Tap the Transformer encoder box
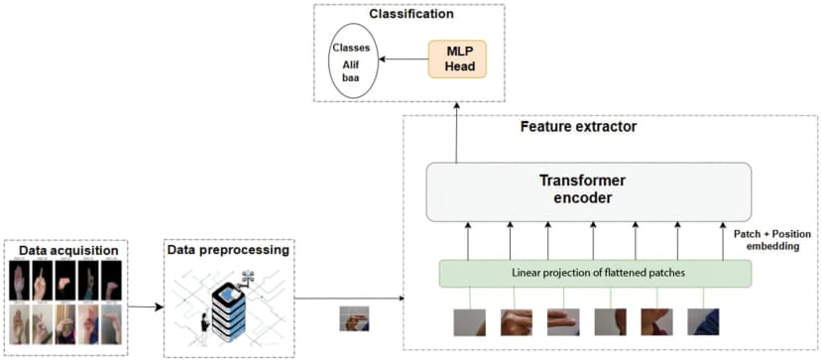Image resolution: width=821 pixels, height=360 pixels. (x=589, y=191)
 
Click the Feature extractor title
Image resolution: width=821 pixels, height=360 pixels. (x=579, y=128)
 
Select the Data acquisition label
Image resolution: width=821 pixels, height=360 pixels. (x=65, y=250)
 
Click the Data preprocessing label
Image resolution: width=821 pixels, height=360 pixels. (x=227, y=250)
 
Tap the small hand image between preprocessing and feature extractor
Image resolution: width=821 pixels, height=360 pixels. (x=354, y=318)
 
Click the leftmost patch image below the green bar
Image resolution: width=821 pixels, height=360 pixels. (x=468, y=322)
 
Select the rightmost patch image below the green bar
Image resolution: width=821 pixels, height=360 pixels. (x=703, y=322)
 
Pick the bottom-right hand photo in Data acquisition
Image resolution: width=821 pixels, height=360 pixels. (x=110, y=324)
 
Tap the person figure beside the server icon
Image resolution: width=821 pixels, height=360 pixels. (x=205, y=328)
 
